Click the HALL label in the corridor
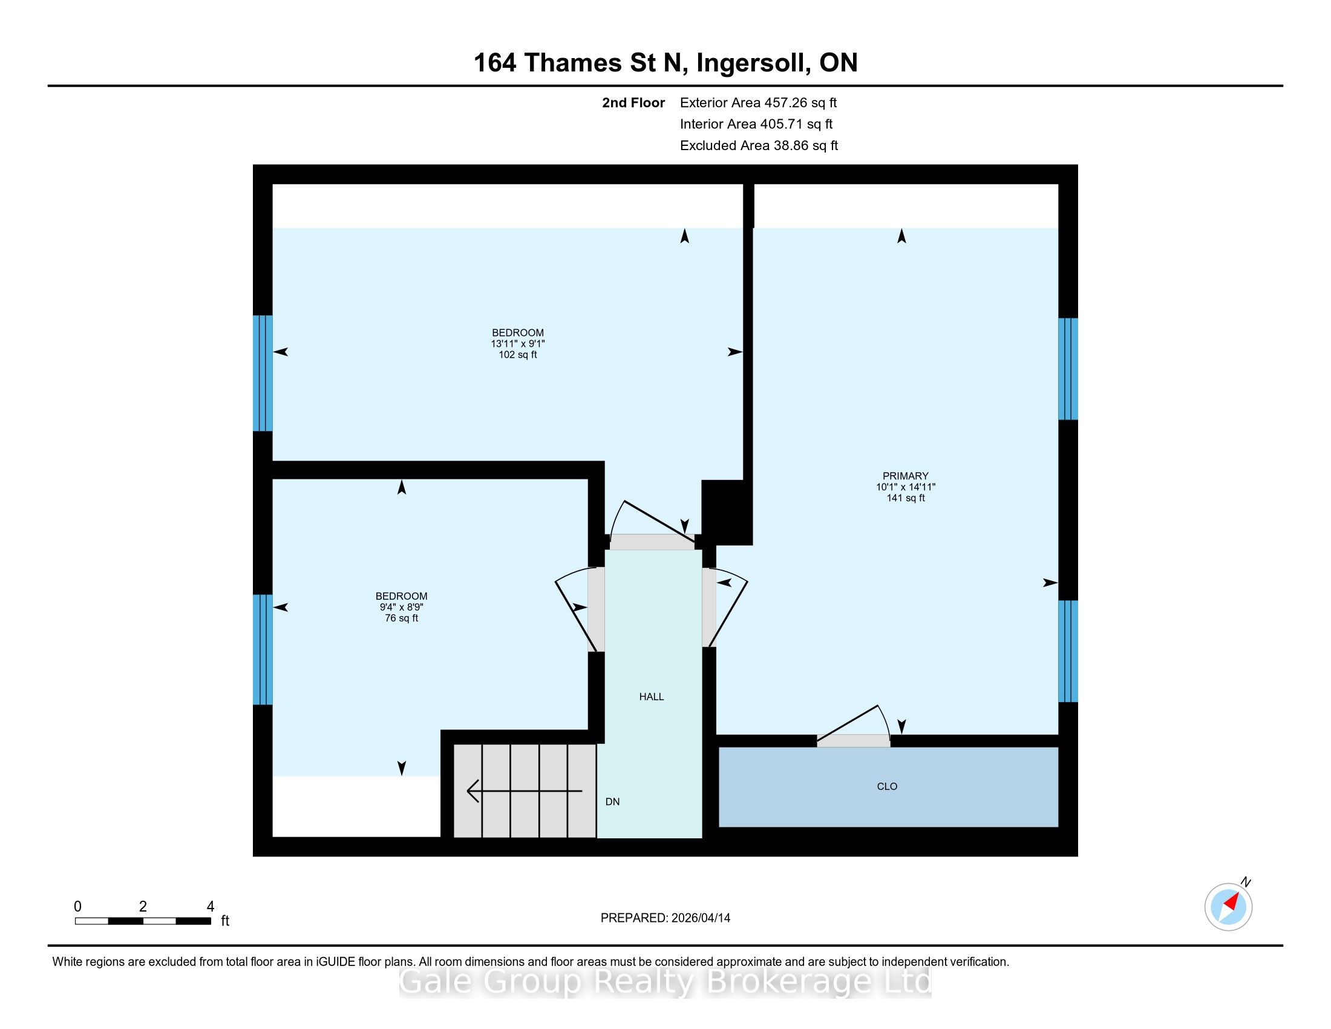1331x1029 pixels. point(652,697)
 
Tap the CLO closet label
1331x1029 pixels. point(887,786)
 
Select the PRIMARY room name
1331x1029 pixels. point(906,476)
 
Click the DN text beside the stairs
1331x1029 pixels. point(612,801)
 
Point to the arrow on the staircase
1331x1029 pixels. point(524,791)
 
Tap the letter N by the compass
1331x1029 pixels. point(1246,882)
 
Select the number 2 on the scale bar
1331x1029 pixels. point(143,907)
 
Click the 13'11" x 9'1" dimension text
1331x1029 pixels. point(518,344)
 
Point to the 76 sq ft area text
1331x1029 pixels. point(402,618)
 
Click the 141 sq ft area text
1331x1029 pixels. point(906,498)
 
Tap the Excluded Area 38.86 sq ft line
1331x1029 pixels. point(759,146)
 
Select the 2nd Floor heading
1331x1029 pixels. point(633,103)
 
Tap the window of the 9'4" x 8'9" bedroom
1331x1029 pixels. point(263,650)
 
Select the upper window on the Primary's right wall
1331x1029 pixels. point(1068,369)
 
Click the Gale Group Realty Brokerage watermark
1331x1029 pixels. point(665,982)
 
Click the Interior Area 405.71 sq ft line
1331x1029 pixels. point(756,124)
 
